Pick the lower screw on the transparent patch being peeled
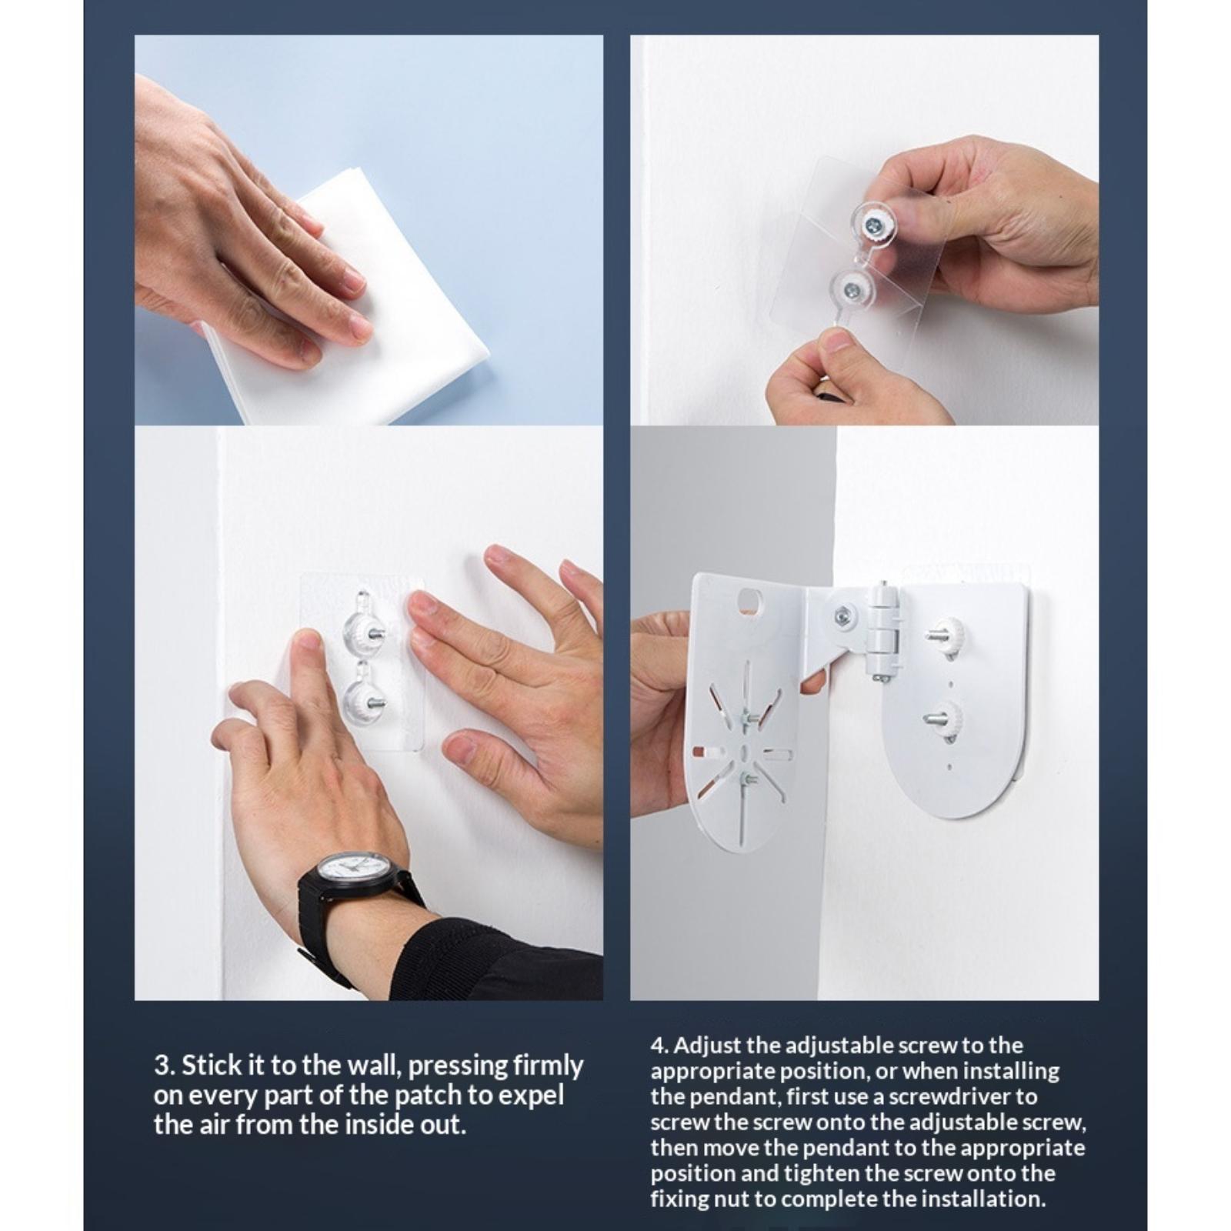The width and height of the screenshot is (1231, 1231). coord(851,289)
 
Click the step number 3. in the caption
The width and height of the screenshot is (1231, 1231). coord(164,1066)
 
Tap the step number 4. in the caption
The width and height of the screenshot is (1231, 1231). coord(660,1046)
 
